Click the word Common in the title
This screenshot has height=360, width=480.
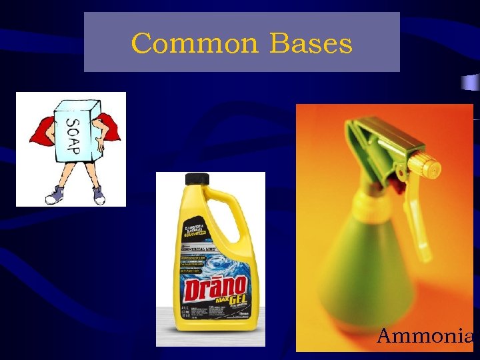pos(194,44)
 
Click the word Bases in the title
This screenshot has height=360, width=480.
pos(311,44)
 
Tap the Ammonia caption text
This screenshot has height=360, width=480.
pos(425,335)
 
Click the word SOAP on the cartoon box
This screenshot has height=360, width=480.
pos(72,135)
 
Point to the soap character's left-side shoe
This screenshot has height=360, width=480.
pos(53,197)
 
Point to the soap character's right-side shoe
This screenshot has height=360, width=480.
pos(99,195)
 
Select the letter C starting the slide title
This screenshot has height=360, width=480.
pos(141,44)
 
